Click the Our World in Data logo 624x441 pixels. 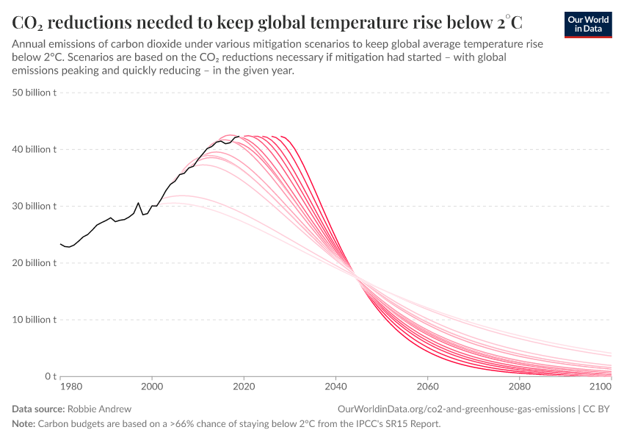(x=587, y=24)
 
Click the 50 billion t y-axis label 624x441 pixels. (x=35, y=93)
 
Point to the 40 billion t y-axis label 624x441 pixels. (x=35, y=149)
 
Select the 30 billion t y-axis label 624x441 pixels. (x=35, y=206)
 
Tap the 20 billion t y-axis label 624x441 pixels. (x=35, y=263)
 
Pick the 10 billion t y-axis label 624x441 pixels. (x=35, y=320)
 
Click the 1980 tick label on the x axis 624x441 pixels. (x=71, y=386)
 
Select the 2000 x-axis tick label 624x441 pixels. (x=152, y=386)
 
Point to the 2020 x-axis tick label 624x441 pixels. (x=244, y=386)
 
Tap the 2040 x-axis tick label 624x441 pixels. (x=335, y=386)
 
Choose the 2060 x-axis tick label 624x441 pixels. (x=427, y=386)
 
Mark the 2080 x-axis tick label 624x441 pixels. (x=519, y=386)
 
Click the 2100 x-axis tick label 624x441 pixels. (x=600, y=386)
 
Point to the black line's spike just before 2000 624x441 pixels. (x=138, y=203)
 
